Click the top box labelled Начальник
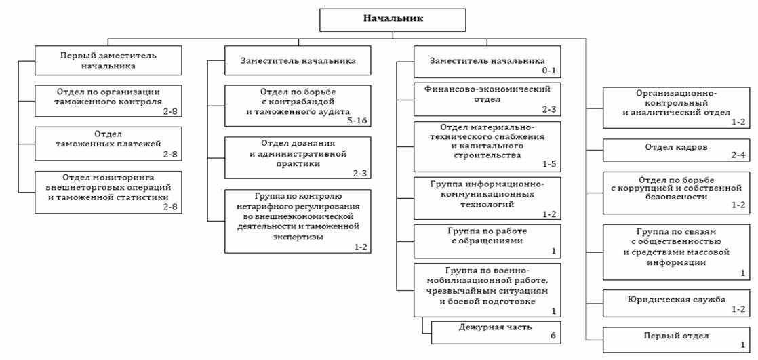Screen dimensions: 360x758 [393, 19]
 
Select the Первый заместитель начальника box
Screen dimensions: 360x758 [108, 60]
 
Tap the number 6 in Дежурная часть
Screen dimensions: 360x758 [553, 336]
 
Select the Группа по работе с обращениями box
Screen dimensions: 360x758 [487, 241]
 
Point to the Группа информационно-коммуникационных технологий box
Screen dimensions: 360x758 [487, 197]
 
